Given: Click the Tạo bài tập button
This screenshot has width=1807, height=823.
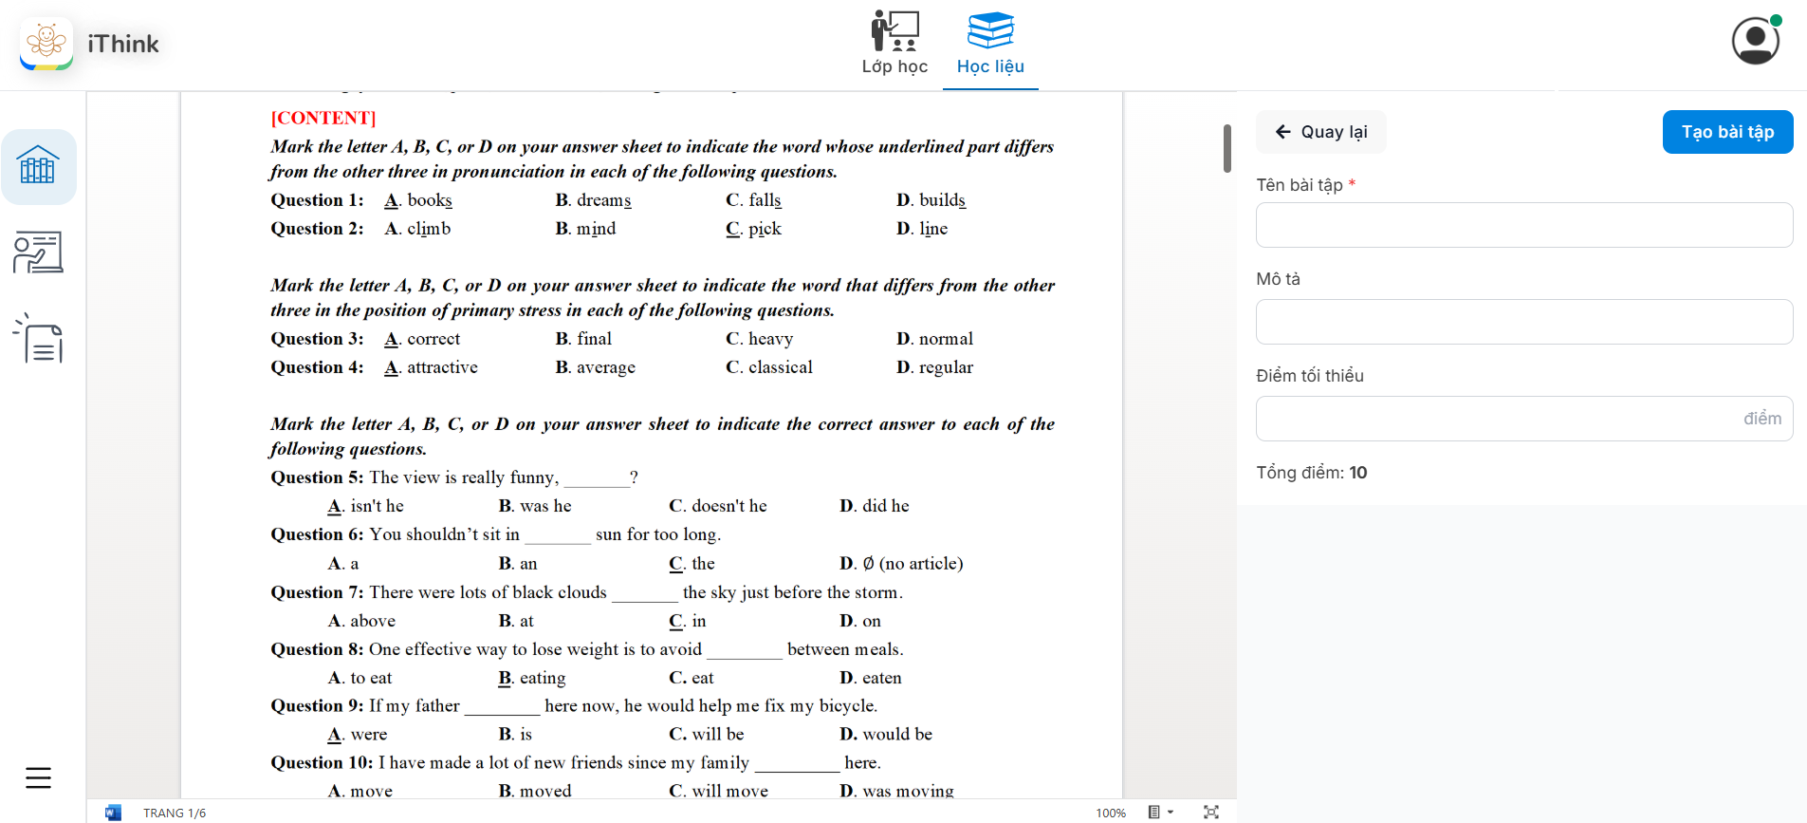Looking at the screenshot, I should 1727,132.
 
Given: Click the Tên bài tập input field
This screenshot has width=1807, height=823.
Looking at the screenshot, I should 1523,225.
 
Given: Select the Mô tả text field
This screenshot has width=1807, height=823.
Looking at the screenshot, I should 1523,322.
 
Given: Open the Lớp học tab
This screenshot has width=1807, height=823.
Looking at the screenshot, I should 894,44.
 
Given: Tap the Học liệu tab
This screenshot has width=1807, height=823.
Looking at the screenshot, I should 990,44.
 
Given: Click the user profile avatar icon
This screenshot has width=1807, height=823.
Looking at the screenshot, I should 1755,41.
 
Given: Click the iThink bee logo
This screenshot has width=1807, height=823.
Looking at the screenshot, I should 46,43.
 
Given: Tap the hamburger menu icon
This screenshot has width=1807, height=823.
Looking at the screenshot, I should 39,777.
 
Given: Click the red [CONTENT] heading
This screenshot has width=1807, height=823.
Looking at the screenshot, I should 323,118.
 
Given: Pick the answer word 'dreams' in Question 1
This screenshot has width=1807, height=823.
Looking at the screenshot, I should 603,200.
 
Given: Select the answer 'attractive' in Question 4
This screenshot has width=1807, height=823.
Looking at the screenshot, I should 442,367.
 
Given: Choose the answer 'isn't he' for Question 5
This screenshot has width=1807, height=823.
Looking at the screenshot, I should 377,506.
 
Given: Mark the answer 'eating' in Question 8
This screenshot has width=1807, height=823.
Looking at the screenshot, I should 542,678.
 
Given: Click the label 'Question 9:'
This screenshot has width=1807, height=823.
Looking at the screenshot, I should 317,706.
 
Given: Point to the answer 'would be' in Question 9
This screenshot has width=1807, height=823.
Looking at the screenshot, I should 897,735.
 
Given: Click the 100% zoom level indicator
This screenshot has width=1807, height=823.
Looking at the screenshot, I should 1110,813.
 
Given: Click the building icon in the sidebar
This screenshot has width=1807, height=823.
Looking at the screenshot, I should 38,166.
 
